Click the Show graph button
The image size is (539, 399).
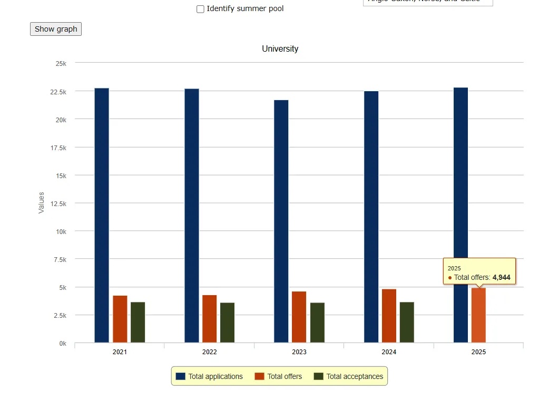point(56,29)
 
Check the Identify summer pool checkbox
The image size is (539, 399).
point(200,9)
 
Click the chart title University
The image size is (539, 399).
point(280,49)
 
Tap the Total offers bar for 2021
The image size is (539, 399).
point(120,319)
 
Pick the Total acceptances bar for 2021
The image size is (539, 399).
point(138,322)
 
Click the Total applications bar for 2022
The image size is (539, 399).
point(192,216)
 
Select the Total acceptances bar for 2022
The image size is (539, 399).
point(228,323)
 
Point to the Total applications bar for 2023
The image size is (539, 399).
point(281,221)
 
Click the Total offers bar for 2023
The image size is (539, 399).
point(299,317)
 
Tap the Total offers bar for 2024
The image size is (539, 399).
point(389,316)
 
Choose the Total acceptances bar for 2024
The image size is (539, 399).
point(407,322)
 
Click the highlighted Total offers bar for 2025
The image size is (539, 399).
point(478,315)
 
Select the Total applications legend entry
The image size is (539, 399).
point(210,376)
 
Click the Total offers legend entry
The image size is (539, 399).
point(279,376)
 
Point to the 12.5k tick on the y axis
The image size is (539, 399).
point(58,203)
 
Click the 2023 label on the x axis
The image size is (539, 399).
point(299,352)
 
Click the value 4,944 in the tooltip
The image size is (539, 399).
point(501,277)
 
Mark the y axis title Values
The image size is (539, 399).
point(42,202)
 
